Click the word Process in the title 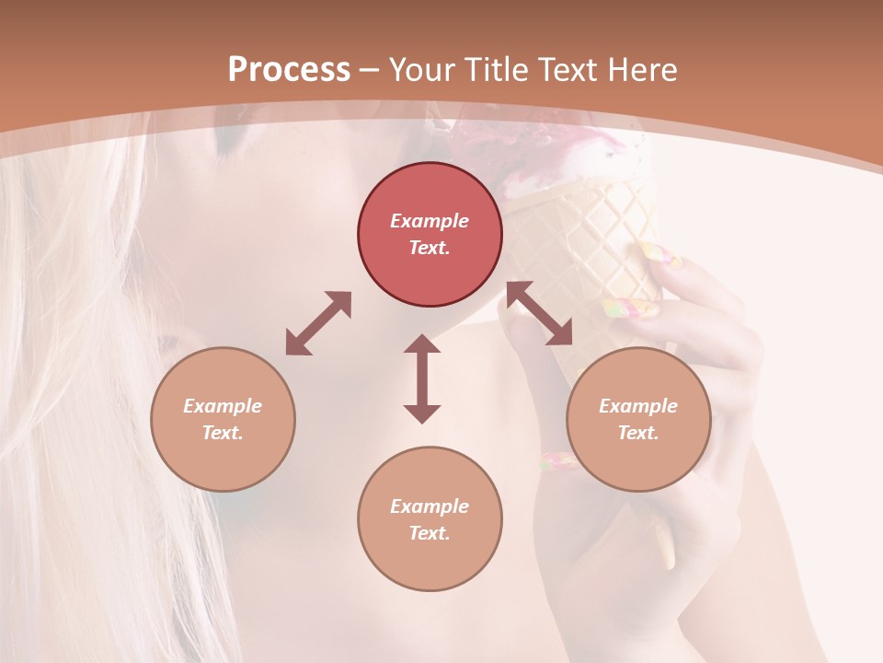tap(289, 70)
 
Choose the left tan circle tap(223, 419)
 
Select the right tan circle tap(638, 419)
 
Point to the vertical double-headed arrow tap(422, 378)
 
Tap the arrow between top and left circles tap(318, 323)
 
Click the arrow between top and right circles tap(540, 313)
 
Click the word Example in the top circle tap(430, 221)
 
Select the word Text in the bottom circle tap(430, 533)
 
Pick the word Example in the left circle tap(223, 406)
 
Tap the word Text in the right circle tap(638, 433)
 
